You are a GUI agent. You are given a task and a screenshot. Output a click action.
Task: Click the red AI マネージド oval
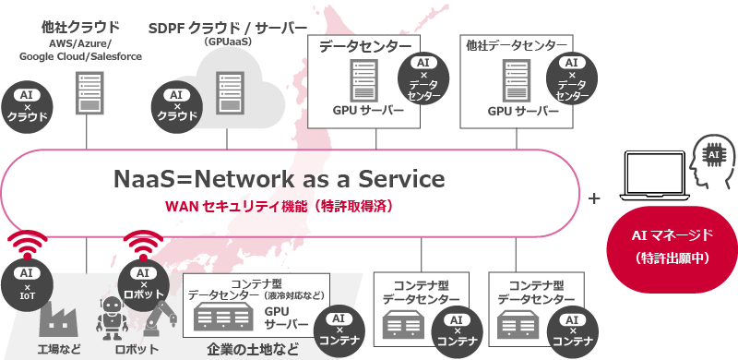point(666,246)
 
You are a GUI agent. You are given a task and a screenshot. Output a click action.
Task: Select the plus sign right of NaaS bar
point(594,198)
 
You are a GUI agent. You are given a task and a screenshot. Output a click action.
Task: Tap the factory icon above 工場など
point(58,317)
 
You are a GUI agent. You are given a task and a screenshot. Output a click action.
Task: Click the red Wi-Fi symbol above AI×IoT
point(25,246)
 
